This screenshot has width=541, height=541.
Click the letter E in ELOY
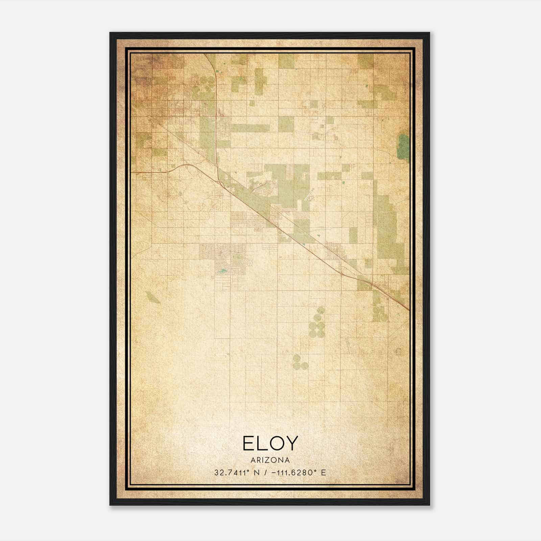tap(249, 443)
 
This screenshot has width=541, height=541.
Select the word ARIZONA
tap(270, 460)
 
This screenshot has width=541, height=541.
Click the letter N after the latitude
tap(257, 473)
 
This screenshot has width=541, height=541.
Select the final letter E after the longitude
tap(324, 473)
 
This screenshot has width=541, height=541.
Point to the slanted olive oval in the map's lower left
tap(153, 298)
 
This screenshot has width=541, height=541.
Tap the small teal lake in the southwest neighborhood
tap(222, 270)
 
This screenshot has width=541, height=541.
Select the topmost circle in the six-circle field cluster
tap(321, 310)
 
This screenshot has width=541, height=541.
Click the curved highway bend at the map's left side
tap(184, 165)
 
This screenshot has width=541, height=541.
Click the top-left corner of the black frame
tap(110, 33)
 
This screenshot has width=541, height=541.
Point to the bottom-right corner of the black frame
tap(429, 504)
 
